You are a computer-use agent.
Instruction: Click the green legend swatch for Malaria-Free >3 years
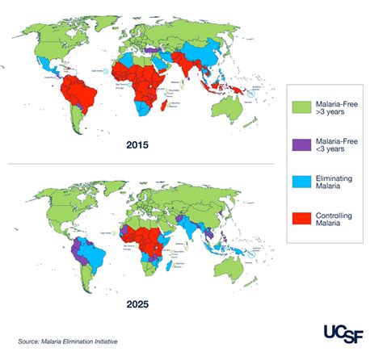(298, 106)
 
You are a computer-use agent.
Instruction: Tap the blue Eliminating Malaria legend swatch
(298, 182)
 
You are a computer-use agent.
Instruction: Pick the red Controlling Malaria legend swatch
(298, 220)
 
